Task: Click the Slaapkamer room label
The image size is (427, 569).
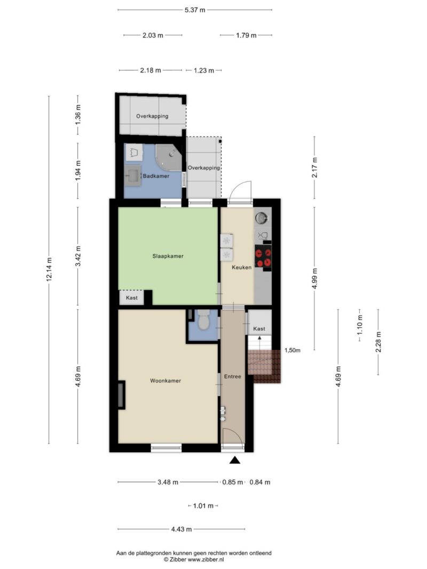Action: (168, 256)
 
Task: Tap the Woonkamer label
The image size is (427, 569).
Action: (165, 381)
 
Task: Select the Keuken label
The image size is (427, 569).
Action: (241, 268)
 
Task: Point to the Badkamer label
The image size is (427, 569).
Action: (156, 176)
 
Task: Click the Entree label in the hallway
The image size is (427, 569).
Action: (232, 376)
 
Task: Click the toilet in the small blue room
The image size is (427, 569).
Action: (204, 320)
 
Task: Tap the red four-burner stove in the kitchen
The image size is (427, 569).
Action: (263, 256)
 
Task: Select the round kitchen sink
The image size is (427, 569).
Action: (261, 218)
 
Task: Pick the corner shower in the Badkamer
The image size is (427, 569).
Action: (169, 157)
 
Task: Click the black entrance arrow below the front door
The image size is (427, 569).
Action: (235, 461)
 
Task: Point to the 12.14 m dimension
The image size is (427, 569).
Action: (50, 269)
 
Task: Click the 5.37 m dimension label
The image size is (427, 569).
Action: (195, 10)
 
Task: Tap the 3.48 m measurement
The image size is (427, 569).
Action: (168, 482)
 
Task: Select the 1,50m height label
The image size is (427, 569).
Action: (292, 350)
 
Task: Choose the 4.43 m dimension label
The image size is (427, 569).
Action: (181, 529)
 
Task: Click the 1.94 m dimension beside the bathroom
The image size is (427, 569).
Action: (78, 171)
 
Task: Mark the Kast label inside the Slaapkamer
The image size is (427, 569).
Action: (132, 298)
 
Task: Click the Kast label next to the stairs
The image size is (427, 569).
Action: (259, 329)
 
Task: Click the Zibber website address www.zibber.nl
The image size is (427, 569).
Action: (205, 559)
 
